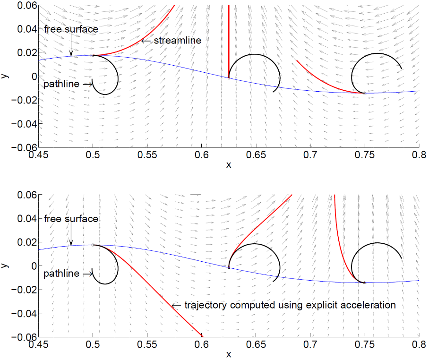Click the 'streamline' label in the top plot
(178, 41)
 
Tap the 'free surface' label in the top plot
(71, 29)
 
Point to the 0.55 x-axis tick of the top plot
(147, 154)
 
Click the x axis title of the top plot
(229, 165)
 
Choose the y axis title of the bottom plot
(5, 266)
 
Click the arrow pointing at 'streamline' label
(146, 41)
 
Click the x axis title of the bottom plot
(229, 354)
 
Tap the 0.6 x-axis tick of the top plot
(202, 154)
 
